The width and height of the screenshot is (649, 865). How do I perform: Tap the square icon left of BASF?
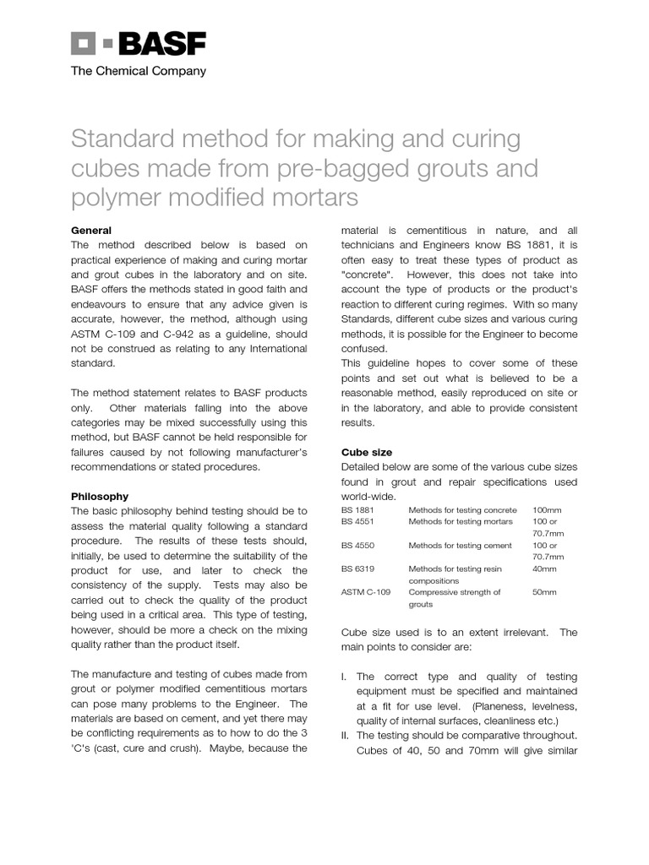(84, 44)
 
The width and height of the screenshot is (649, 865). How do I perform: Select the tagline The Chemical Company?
(138, 72)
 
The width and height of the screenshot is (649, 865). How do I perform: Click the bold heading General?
(90, 231)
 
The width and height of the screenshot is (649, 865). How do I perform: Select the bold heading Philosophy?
(100, 497)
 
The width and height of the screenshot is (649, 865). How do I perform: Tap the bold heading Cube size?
(366, 452)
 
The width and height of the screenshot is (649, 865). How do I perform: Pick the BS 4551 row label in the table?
(357, 522)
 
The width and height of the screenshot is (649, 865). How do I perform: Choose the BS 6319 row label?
(357, 569)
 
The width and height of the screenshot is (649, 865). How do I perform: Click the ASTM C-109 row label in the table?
(365, 592)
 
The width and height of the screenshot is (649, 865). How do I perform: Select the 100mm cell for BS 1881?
(547, 510)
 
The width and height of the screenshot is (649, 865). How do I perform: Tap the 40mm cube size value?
(544, 569)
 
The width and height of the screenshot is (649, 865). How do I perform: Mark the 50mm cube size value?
(544, 592)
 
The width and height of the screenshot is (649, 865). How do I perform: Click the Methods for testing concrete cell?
(462, 510)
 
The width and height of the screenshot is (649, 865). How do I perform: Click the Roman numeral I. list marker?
(344, 677)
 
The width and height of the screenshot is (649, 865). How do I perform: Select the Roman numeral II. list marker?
(346, 736)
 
